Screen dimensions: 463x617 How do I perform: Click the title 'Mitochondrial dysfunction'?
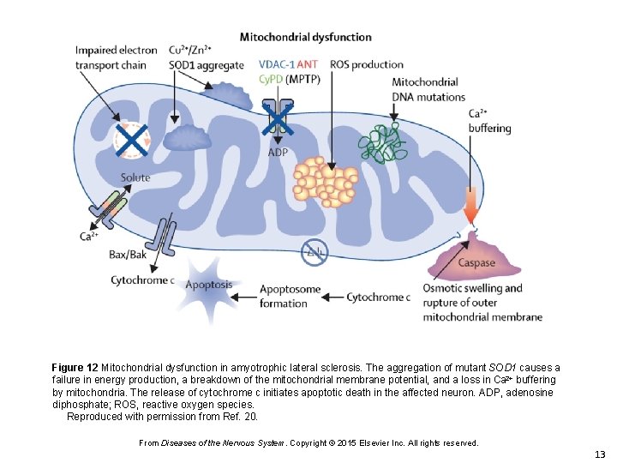point(305,37)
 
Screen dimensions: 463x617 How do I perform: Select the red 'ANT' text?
point(308,64)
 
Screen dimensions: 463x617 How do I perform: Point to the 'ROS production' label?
point(367,64)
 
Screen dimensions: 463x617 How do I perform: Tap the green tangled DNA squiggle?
point(382,142)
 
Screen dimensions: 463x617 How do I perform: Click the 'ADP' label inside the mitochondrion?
point(278,153)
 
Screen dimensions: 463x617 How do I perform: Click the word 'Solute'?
point(135,177)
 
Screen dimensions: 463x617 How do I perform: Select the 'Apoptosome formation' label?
point(290,296)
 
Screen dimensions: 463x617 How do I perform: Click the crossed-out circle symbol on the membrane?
point(314,251)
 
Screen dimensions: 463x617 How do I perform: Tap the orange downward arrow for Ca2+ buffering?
point(471,206)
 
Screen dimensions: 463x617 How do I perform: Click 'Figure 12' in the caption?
point(75,367)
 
